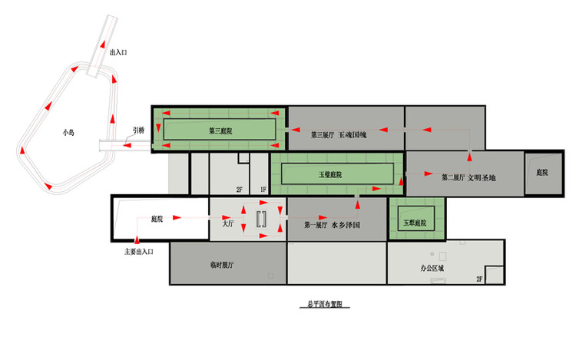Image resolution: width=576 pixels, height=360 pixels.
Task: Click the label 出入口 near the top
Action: click(x=119, y=52)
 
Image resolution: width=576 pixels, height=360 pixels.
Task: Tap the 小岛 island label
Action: click(x=68, y=132)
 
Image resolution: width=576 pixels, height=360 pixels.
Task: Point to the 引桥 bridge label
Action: click(x=138, y=130)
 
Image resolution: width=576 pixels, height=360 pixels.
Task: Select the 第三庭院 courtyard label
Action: click(x=220, y=131)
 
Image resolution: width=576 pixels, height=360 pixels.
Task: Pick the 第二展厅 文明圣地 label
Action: click(x=469, y=177)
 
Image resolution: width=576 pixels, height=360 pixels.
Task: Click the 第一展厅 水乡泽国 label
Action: click(x=333, y=225)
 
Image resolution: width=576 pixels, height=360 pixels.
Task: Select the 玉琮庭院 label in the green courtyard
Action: click(x=414, y=223)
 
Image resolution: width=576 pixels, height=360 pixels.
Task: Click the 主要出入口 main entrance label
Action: click(x=140, y=250)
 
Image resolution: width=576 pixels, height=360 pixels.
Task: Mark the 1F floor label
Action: click(x=263, y=189)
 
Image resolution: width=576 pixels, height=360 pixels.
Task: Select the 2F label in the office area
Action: click(x=481, y=279)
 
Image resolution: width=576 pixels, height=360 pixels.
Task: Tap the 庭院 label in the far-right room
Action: click(x=542, y=173)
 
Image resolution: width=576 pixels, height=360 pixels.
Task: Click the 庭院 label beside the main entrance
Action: click(x=158, y=219)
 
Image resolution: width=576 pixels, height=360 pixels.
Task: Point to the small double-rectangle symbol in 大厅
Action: click(x=262, y=218)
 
